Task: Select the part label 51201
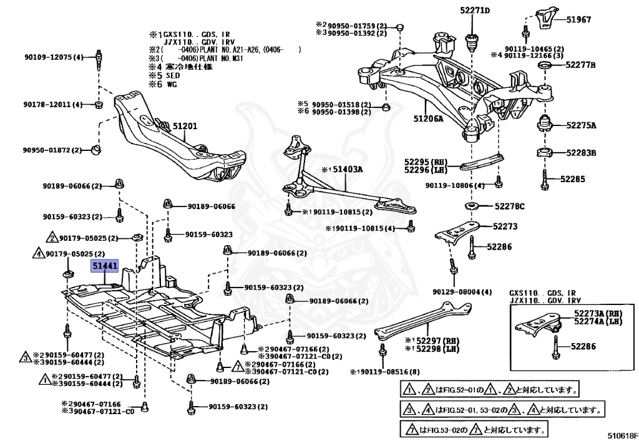point(185,127)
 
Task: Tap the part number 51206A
point(428,117)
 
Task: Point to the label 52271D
point(476,11)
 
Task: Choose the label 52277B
point(581,65)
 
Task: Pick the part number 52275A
point(581,125)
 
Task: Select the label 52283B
point(581,152)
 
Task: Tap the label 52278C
point(510,206)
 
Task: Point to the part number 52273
point(505,227)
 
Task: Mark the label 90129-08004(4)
point(462,292)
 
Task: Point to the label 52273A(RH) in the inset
point(598,313)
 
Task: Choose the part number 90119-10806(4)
point(455,186)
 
